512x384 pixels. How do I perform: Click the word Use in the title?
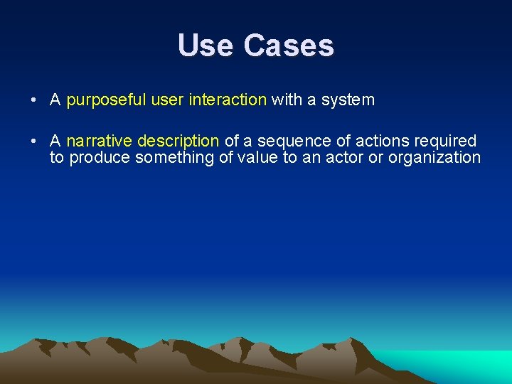coord(206,46)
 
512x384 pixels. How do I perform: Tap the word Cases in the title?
coord(289,46)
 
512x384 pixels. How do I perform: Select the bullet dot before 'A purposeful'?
coord(34,100)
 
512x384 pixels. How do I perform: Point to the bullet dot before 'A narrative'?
coord(34,142)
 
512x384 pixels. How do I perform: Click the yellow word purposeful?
coord(106,100)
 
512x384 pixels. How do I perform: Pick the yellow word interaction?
coord(228,100)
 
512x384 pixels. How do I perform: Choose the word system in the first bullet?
coord(348,100)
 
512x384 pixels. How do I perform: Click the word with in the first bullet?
coord(287,100)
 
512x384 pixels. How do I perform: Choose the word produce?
coord(99,158)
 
